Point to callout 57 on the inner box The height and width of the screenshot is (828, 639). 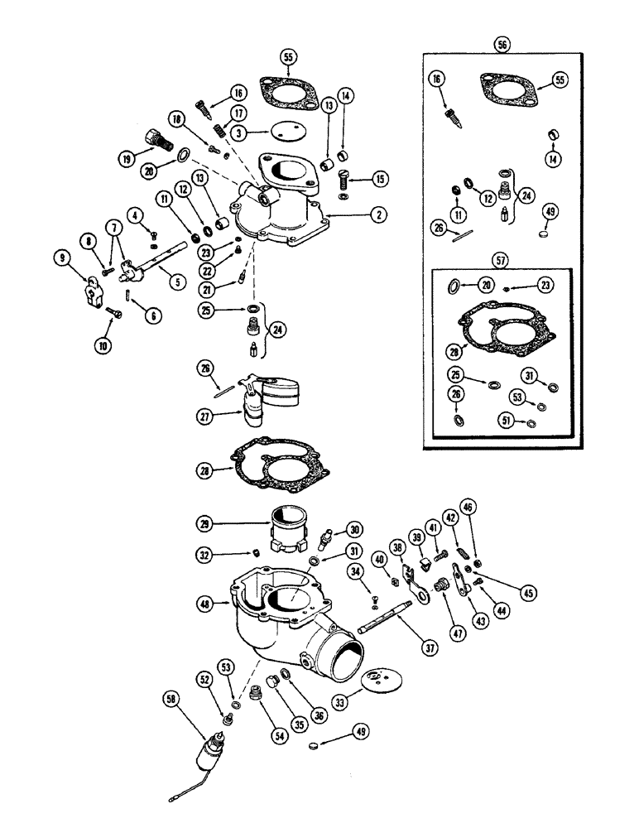pyautogui.click(x=502, y=258)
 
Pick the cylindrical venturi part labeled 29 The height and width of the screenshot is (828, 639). pyautogui.click(x=287, y=523)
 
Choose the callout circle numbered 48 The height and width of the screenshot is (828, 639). pyautogui.click(x=208, y=604)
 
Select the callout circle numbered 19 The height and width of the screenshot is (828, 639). pyautogui.click(x=127, y=157)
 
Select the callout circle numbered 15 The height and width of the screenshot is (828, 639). pyautogui.click(x=379, y=178)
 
